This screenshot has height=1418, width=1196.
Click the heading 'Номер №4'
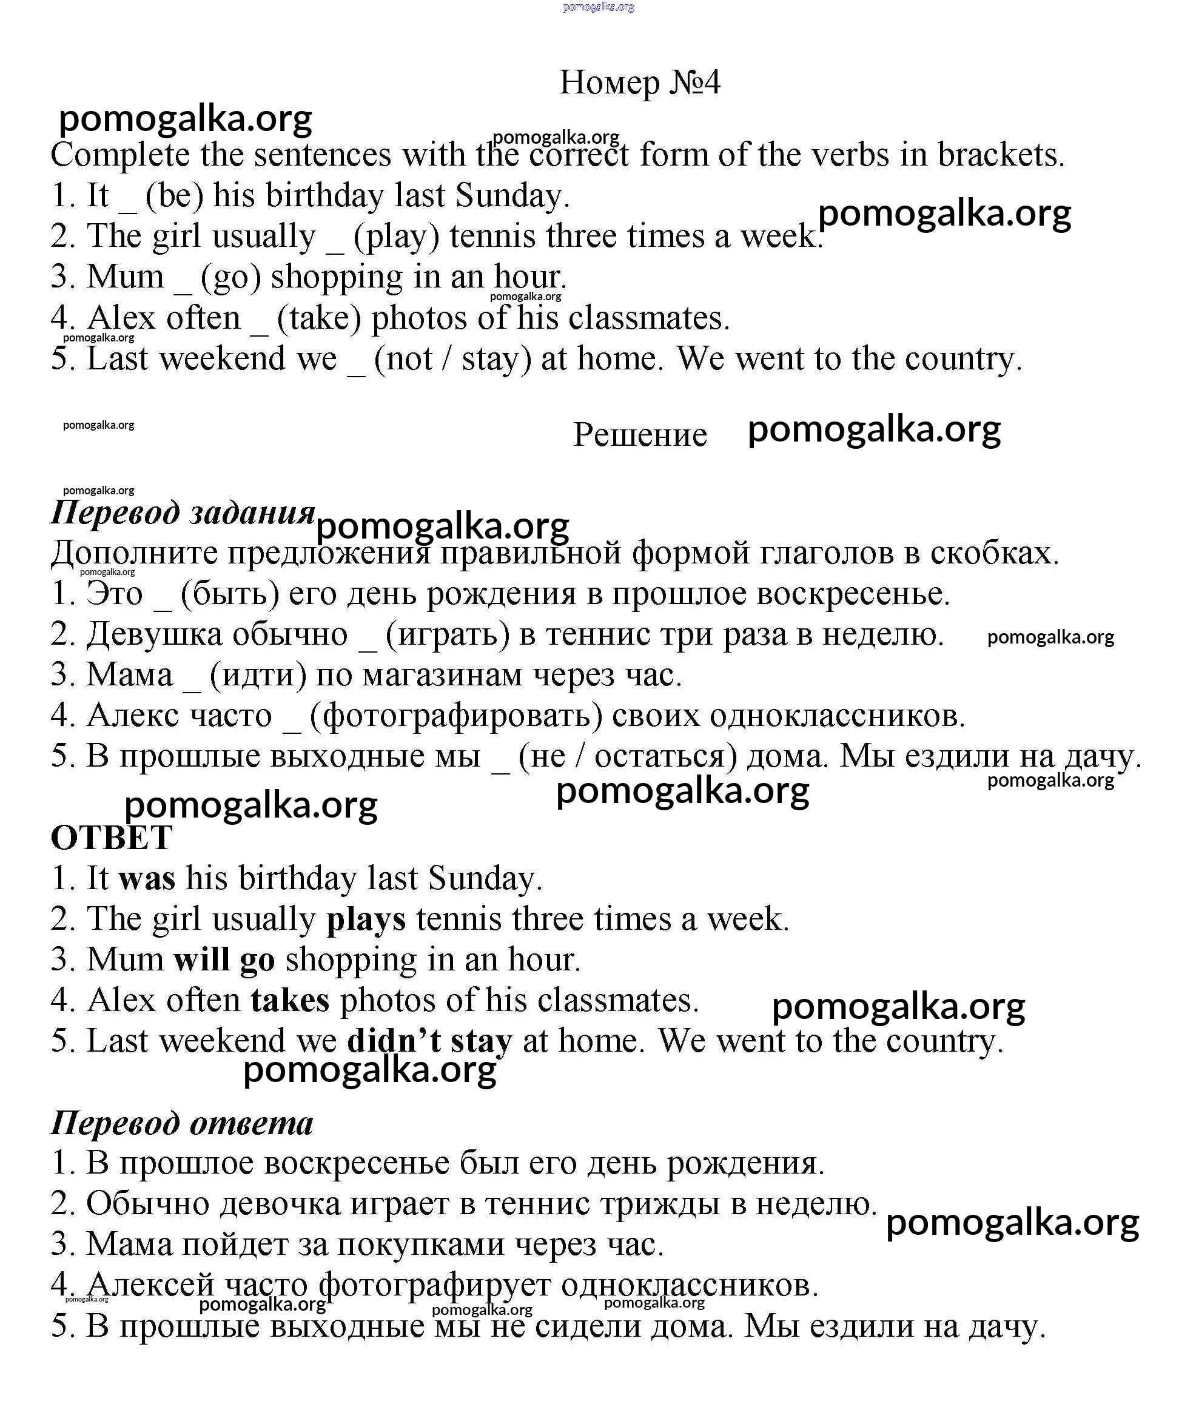(x=639, y=82)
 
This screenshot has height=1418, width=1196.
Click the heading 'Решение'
(x=640, y=434)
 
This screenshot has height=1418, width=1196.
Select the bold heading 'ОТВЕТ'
(x=112, y=838)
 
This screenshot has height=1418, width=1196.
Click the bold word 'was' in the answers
(x=146, y=878)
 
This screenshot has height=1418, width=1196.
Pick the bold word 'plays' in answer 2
(x=366, y=919)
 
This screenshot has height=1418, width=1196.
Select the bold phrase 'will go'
(x=224, y=959)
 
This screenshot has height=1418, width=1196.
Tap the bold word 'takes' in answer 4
(x=290, y=1000)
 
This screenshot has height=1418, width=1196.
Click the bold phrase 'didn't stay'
(x=429, y=1041)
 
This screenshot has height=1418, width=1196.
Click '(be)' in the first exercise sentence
(x=174, y=196)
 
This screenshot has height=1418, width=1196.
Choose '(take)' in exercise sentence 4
(x=320, y=318)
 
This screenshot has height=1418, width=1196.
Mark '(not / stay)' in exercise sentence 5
(x=452, y=358)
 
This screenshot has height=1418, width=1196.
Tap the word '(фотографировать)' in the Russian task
(x=455, y=716)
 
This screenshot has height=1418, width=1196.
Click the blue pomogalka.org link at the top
(x=599, y=7)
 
